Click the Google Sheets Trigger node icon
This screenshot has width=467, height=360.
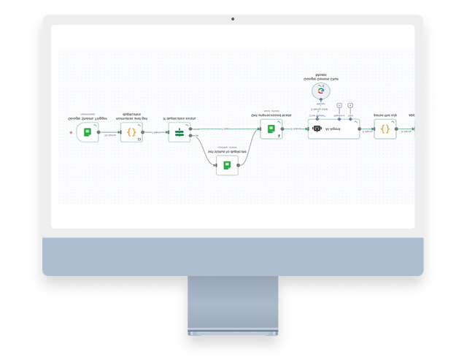click(x=87, y=132)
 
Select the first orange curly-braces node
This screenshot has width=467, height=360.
click(x=131, y=132)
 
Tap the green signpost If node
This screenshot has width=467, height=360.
click(x=179, y=132)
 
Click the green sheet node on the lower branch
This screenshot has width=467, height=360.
click(x=227, y=166)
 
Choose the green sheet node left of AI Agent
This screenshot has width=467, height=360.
click(x=271, y=129)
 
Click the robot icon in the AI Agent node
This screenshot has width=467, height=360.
click(x=316, y=130)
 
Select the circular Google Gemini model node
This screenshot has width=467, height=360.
click(x=320, y=91)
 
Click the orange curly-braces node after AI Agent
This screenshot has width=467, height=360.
click(x=385, y=130)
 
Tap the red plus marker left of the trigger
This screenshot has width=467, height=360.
click(x=71, y=133)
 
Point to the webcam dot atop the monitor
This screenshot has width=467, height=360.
click(x=233, y=19)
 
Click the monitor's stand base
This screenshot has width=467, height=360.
click(x=233, y=333)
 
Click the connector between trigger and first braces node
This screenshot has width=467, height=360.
click(x=109, y=132)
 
